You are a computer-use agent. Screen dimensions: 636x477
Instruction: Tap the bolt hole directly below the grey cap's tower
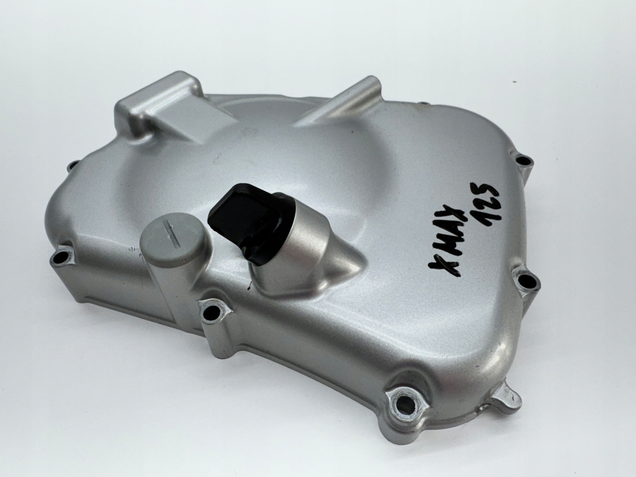coord(212,310)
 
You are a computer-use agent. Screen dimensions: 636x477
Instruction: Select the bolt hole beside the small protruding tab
coord(405,400)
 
